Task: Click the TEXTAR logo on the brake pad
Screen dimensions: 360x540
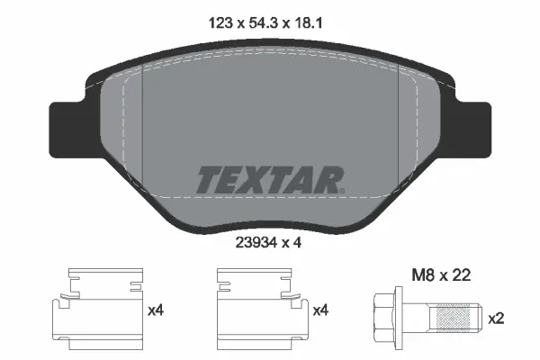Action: pyautogui.click(x=269, y=178)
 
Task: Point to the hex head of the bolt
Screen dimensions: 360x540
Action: pyautogui.click(x=389, y=318)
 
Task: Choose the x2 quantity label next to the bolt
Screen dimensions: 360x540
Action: pyautogui.click(x=495, y=319)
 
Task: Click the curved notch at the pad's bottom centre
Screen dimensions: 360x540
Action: pyautogui.click(x=270, y=220)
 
